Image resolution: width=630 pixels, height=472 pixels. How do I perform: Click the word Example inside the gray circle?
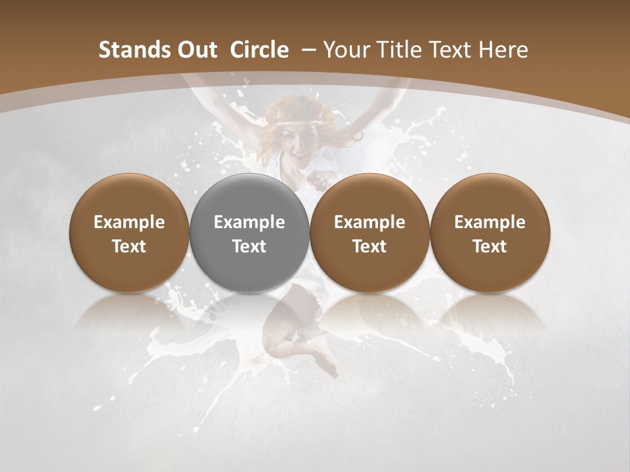tap(249, 222)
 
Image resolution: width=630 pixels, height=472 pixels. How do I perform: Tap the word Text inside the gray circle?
tap(249, 246)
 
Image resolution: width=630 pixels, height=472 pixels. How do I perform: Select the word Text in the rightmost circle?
tap(490, 246)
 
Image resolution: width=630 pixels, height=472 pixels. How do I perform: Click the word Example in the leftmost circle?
tap(129, 222)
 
